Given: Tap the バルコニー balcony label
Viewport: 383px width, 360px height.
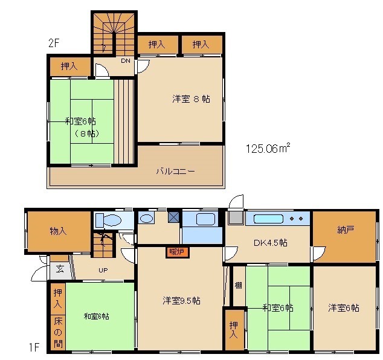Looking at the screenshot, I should tap(175, 172).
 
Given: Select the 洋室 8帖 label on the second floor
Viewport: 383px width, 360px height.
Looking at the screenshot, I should tap(191, 98).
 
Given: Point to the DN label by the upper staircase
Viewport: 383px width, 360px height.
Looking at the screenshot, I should tap(125, 61).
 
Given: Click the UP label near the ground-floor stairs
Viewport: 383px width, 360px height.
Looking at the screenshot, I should tap(104, 270).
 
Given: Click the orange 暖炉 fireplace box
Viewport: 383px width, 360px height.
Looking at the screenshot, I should tap(176, 251).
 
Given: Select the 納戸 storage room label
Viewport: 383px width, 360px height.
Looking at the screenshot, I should tap(345, 230).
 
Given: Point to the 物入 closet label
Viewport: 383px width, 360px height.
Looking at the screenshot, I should tap(58, 231).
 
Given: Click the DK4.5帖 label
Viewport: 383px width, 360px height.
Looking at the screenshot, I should tap(269, 243).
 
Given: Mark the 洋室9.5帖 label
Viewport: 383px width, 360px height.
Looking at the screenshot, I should tap(181, 301).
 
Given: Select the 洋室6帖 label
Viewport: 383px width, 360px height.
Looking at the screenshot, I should tap(344, 307).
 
